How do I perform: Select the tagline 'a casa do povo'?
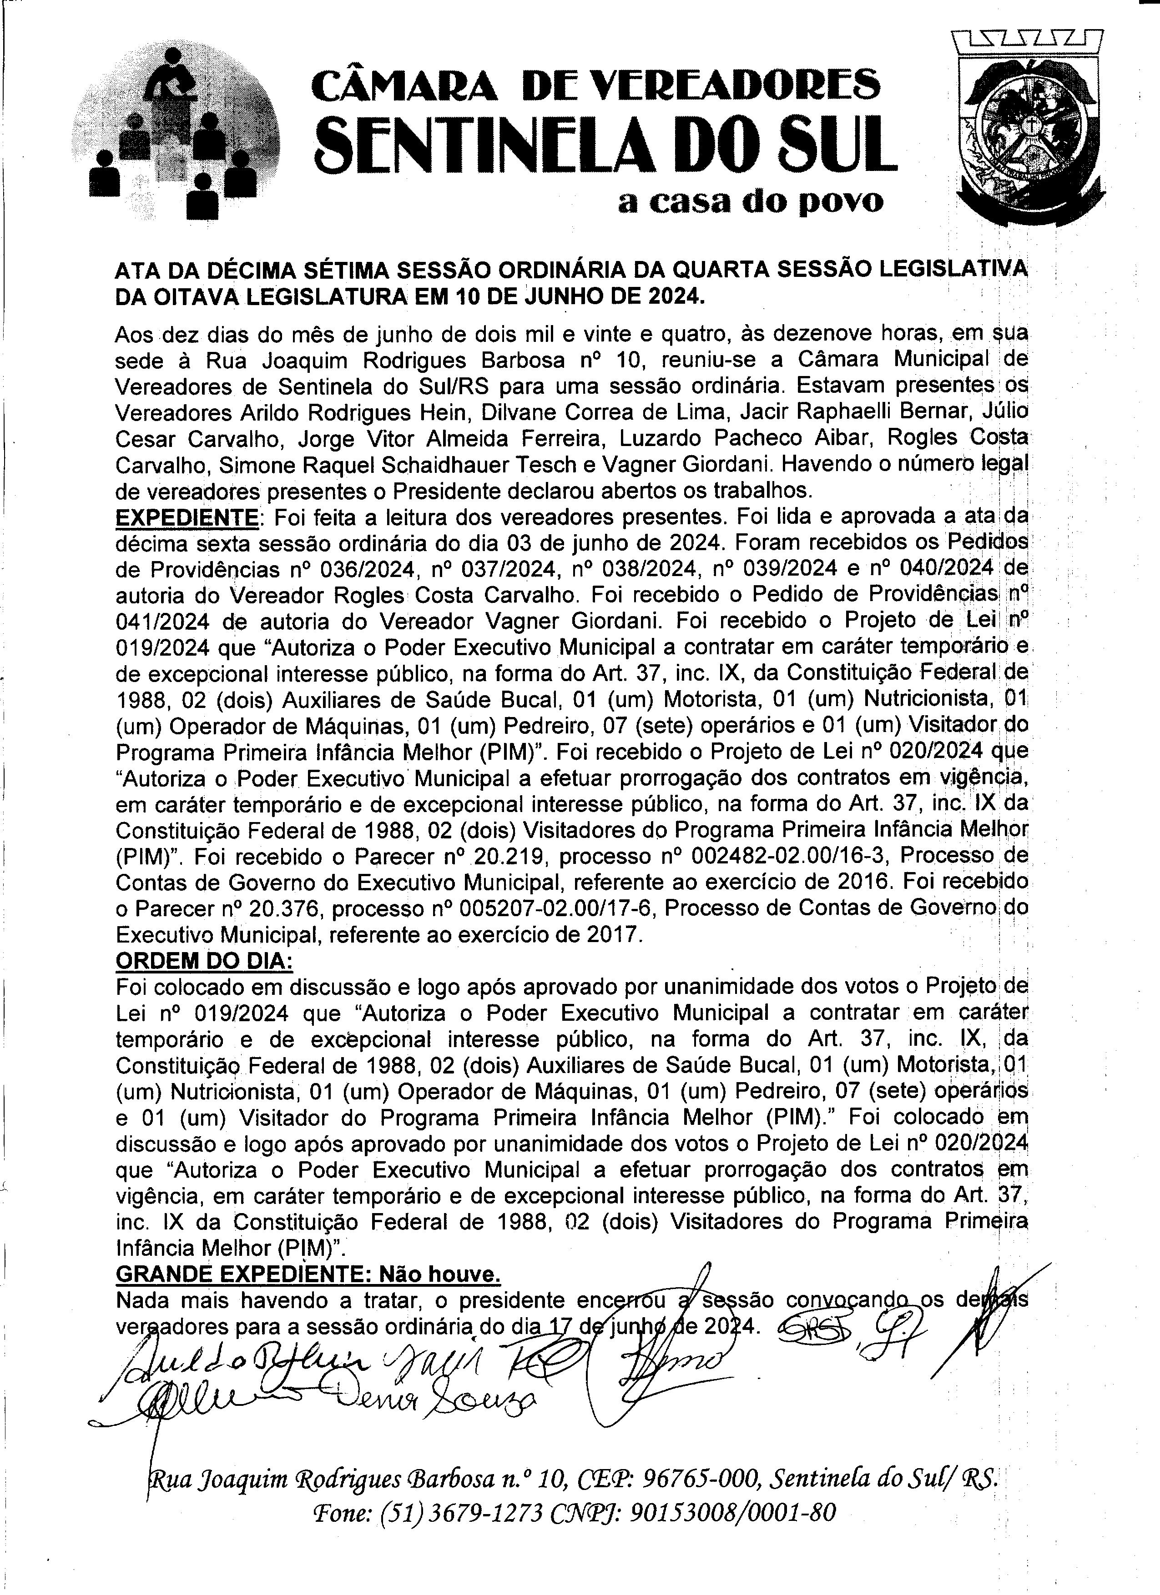pyautogui.click(x=750, y=202)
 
